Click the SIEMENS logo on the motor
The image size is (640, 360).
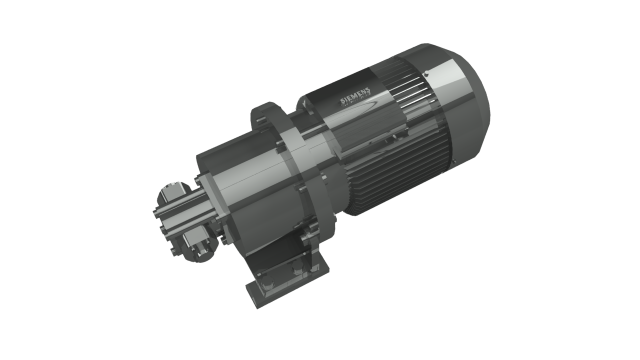click(356, 96)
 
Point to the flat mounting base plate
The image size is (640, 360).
click(288, 282)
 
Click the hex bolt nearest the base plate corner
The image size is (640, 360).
click(266, 284)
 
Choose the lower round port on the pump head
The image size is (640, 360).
click(197, 247)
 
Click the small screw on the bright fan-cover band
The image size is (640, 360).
click(426, 74)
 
